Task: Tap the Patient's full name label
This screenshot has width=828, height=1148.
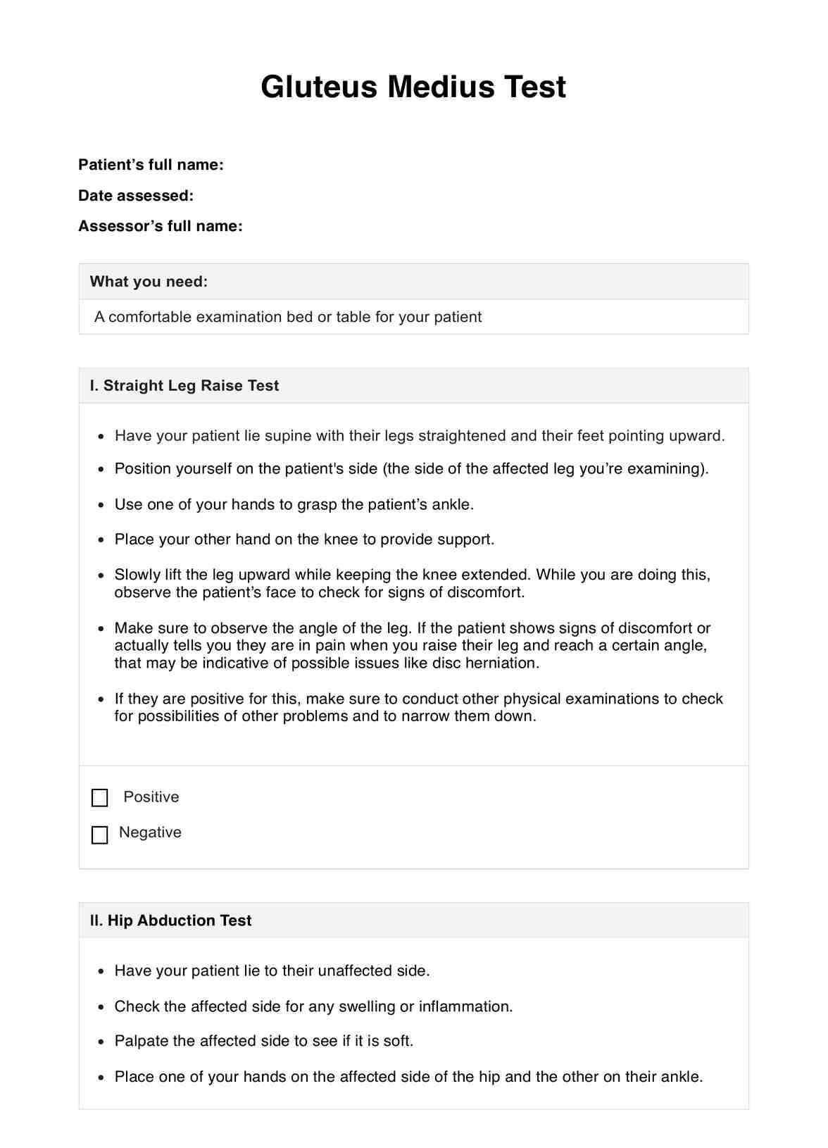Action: [151, 165]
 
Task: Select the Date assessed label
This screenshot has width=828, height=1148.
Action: [136, 196]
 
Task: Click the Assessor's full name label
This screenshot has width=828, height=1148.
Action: [161, 226]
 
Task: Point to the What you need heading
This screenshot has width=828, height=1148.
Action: [149, 282]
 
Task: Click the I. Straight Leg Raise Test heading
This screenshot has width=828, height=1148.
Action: [184, 386]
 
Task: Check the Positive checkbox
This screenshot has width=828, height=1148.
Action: [100, 798]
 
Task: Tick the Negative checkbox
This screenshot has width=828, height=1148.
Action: [100, 835]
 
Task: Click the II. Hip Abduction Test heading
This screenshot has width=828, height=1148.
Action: [171, 921]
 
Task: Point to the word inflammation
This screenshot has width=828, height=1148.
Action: [465, 1006]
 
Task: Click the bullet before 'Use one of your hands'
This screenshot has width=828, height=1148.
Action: [101, 505]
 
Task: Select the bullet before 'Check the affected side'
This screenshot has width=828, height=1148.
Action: [101, 1007]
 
